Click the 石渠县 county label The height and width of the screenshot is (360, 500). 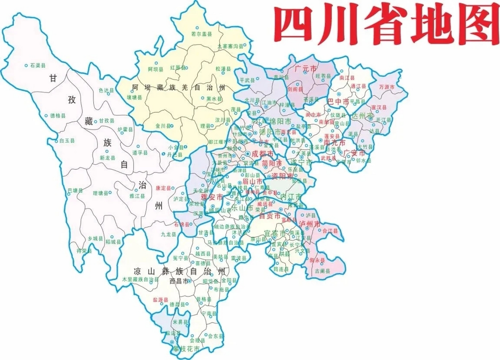pyautogui.click(x=38, y=65)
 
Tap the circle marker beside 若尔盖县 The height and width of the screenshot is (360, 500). pyautogui.click(x=197, y=28)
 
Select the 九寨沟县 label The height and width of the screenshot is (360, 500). pyautogui.click(x=230, y=47)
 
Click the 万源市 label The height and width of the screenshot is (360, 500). pyautogui.click(x=386, y=87)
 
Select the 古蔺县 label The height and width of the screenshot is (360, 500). pyautogui.click(x=322, y=271)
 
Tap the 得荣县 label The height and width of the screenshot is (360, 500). pyautogui.click(x=84, y=251)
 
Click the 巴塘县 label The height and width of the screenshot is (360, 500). pyautogui.click(x=75, y=190)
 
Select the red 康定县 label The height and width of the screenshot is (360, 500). pyautogui.click(x=163, y=188)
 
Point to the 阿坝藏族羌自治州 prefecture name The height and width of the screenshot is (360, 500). pyautogui.click(x=179, y=88)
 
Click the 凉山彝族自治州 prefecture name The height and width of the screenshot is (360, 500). pyautogui.click(x=179, y=271)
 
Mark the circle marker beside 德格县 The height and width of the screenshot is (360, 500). pyautogui.click(x=46, y=115)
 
